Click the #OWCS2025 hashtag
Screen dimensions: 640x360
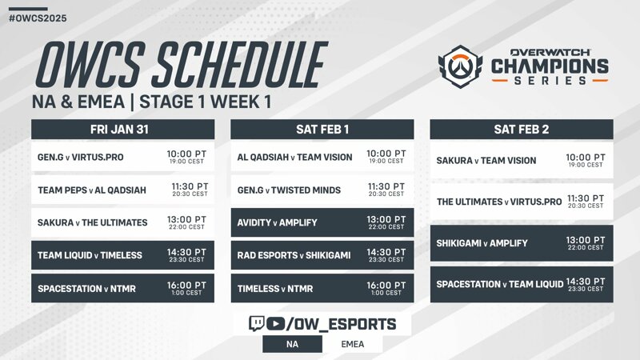pos(38,18)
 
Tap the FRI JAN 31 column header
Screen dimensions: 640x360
pos(123,130)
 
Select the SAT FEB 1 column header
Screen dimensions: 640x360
pos(322,130)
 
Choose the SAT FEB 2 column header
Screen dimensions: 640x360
pos(522,130)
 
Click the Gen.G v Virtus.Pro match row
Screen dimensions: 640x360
pos(123,157)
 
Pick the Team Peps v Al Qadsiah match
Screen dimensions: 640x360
pos(123,190)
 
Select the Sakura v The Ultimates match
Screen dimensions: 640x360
pos(123,222)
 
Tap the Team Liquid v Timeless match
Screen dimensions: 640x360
pos(123,255)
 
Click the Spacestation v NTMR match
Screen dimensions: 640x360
pos(123,288)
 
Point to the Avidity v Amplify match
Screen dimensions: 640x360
pos(322,222)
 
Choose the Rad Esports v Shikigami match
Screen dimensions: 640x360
pos(322,255)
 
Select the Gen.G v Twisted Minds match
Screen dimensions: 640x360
pos(322,190)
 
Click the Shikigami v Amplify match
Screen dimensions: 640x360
pos(522,243)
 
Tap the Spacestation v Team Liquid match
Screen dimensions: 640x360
pos(522,285)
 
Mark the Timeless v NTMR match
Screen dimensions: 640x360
pos(322,288)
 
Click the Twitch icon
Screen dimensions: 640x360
pos(256,324)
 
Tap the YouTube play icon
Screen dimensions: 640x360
pos(275,324)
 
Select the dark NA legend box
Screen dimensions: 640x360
pos(292,344)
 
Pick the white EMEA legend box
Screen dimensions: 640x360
pos(353,344)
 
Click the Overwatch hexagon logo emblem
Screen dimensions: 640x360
pos(461,66)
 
